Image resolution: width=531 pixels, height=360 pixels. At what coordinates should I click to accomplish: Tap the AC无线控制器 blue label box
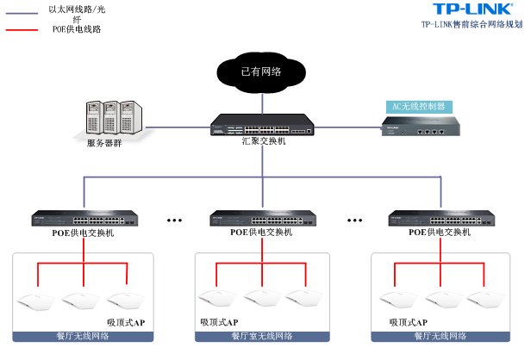coord(419,107)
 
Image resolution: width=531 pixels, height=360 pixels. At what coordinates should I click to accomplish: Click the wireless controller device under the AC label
coord(421,129)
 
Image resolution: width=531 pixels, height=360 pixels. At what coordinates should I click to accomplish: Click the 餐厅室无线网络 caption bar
coord(261,336)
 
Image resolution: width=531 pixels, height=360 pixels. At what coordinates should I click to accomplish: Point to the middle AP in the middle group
coord(261,299)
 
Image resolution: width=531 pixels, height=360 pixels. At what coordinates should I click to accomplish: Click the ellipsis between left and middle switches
coord(174,220)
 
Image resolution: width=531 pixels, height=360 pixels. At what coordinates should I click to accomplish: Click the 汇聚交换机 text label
coord(263,140)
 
